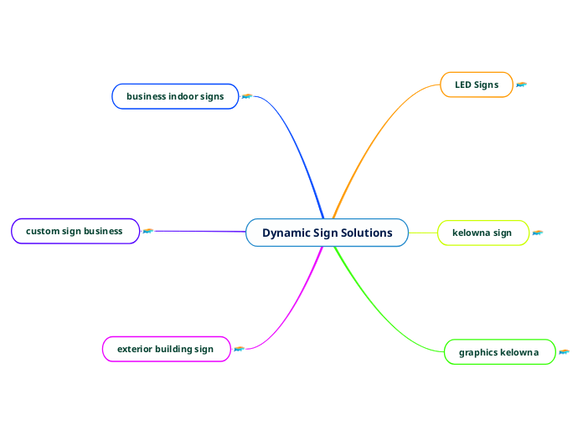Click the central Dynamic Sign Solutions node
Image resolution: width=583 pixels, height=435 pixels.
click(x=327, y=233)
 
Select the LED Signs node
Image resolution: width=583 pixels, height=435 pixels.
click(x=476, y=84)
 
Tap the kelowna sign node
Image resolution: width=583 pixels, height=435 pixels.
click(x=482, y=233)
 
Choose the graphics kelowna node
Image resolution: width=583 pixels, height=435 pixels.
click(x=498, y=352)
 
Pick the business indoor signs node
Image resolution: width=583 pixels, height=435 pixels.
click(x=175, y=96)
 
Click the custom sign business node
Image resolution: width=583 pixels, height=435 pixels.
click(x=75, y=231)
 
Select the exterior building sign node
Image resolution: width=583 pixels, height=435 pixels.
click(x=165, y=349)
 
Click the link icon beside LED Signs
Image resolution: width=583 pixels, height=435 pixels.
click(x=522, y=84)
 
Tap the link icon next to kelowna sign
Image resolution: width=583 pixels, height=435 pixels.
click(x=538, y=233)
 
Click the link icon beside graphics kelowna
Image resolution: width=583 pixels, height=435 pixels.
click(x=564, y=352)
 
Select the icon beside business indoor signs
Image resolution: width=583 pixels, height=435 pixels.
click(x=247, y=96)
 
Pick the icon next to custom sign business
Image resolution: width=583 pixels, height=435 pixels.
click(x=148, y=231)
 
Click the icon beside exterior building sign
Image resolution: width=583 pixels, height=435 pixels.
click(x=239, y=349)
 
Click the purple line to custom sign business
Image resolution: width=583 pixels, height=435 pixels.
click(x=201, y=231)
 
